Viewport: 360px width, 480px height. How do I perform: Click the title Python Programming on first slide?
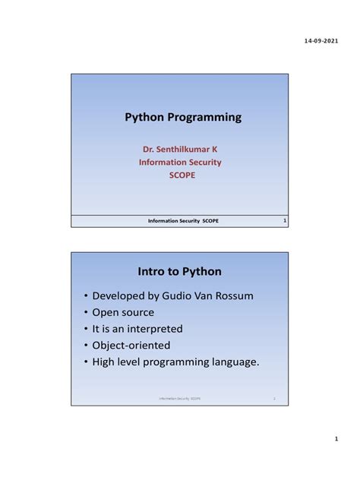183,117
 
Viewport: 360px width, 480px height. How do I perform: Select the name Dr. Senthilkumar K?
180,150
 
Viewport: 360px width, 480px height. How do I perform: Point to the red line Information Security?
180,162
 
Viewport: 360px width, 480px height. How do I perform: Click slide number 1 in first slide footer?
283,221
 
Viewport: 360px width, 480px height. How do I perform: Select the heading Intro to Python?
180,271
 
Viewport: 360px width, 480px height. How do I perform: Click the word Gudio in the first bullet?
187,295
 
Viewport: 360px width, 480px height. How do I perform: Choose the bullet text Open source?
123,312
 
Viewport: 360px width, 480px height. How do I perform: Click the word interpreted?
156,329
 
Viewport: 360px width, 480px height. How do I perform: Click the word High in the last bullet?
105,362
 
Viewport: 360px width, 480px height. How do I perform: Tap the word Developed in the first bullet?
122,295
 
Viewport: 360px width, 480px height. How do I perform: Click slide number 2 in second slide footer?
274,398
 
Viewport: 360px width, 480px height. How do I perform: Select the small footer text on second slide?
180,398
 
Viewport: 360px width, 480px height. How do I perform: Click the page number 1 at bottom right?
335,440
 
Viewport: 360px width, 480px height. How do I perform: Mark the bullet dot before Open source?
86,313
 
